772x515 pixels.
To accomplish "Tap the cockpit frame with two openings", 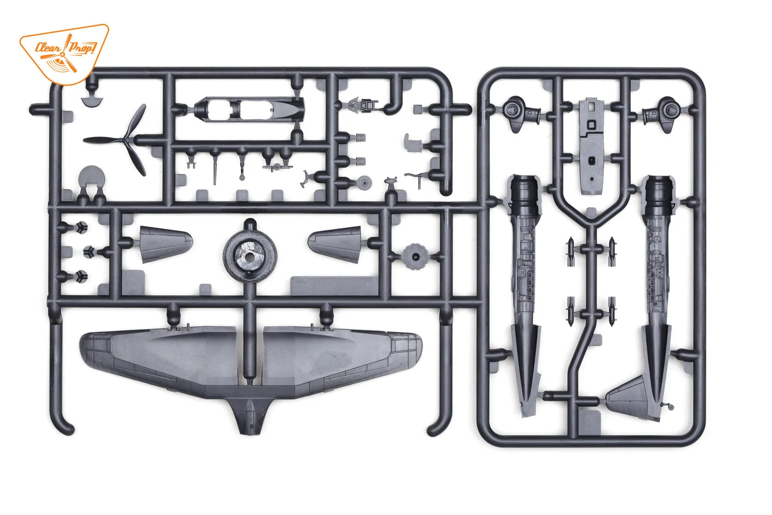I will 248,110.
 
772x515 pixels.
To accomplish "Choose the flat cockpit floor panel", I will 591,147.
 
